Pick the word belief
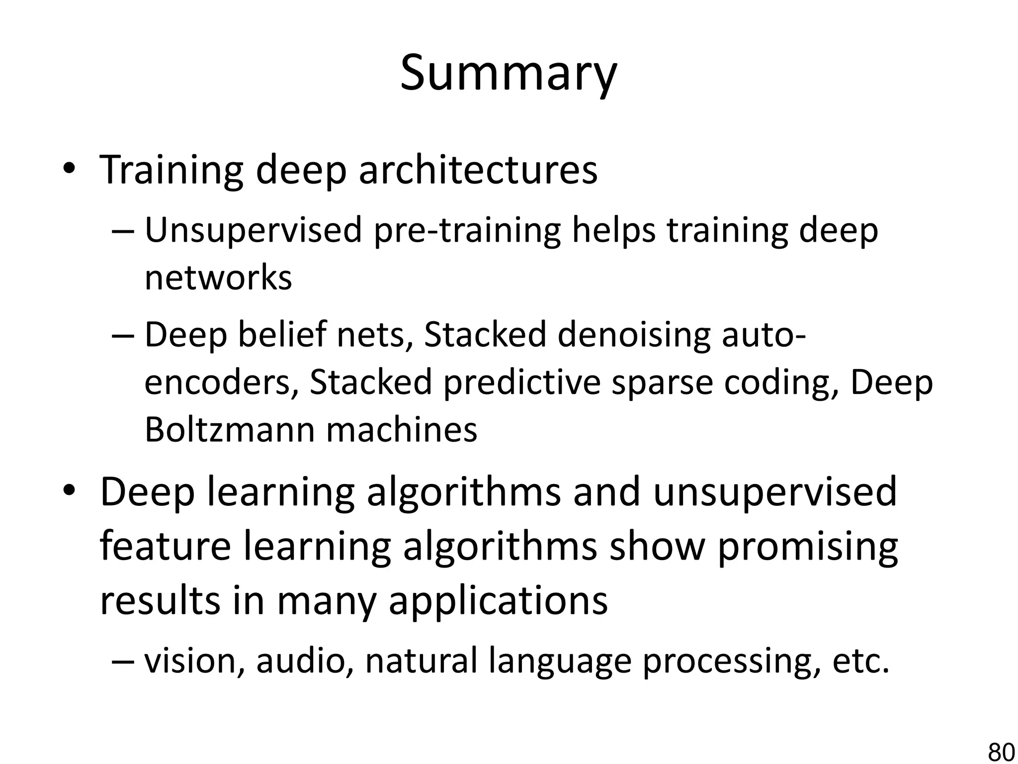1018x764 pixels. [281, 335]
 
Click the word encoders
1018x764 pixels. [218, 382]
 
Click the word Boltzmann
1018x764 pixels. [230, 429]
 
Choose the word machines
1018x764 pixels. [402, 429]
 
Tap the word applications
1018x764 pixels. [498, 601]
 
